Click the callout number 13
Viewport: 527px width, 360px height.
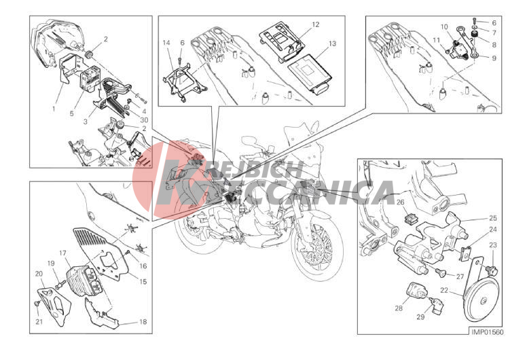point(332,43)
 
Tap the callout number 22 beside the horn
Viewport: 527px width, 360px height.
point(444,290)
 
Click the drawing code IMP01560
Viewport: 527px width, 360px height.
point(488,332)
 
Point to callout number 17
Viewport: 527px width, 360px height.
point(63,253)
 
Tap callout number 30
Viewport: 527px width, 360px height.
point(144,120)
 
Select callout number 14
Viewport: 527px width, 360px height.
point(166,43)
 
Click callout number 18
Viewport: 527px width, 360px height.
point(143,322)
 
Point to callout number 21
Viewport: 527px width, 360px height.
point(39,322)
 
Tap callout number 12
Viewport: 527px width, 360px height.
point(315,24)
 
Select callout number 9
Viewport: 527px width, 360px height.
point(494,58)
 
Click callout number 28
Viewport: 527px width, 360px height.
point(399,308)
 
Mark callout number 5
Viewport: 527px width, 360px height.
point(71,113)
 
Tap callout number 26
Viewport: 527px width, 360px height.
point(400,202)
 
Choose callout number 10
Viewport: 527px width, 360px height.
point(444,27)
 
